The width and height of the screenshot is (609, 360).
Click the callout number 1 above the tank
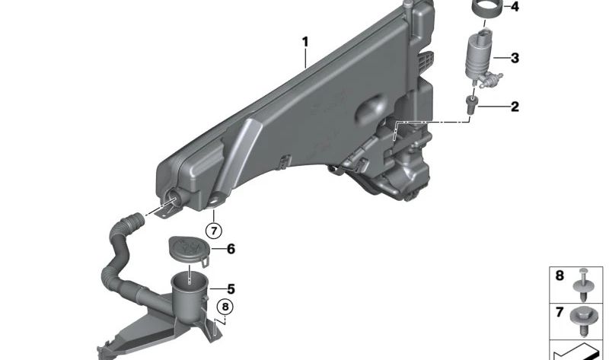coord(305,42)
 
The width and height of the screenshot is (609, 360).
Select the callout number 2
coord(515,107)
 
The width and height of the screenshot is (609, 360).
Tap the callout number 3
coord(515,59)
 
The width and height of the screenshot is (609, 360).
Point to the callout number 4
coord(515,7)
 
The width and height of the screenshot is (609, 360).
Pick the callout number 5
coord(231,289)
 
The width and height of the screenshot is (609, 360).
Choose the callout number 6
coord(231,249)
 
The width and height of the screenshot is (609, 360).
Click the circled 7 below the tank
coord(214,231)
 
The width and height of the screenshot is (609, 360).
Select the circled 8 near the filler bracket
coord(225,307)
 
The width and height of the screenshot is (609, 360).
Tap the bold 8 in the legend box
coord(560,276)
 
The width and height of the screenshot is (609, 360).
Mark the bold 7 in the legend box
coord(560,312)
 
